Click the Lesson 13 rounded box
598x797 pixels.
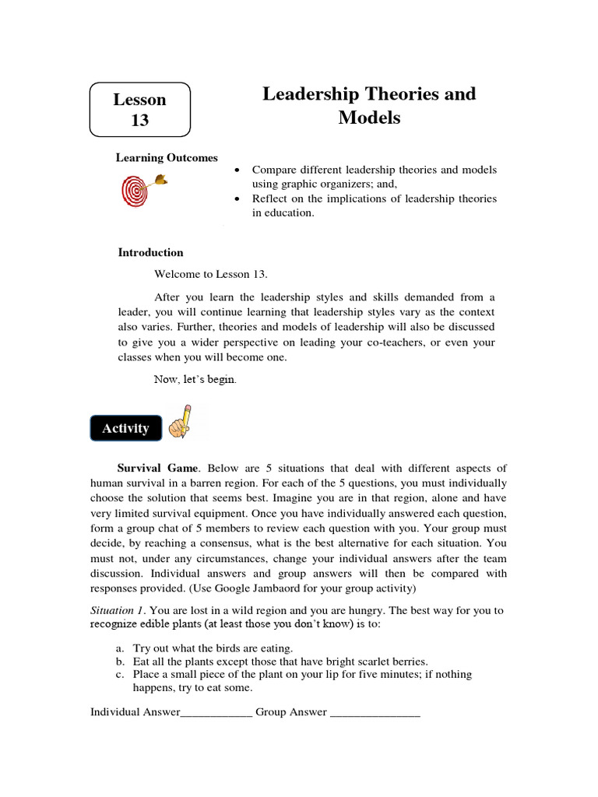[140, 110]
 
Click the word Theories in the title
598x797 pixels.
[407, 94]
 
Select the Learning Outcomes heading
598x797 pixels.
[167, 158]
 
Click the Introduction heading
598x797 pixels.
[150, 252]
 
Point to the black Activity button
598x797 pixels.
[125, 428]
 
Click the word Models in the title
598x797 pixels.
[369, 118]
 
